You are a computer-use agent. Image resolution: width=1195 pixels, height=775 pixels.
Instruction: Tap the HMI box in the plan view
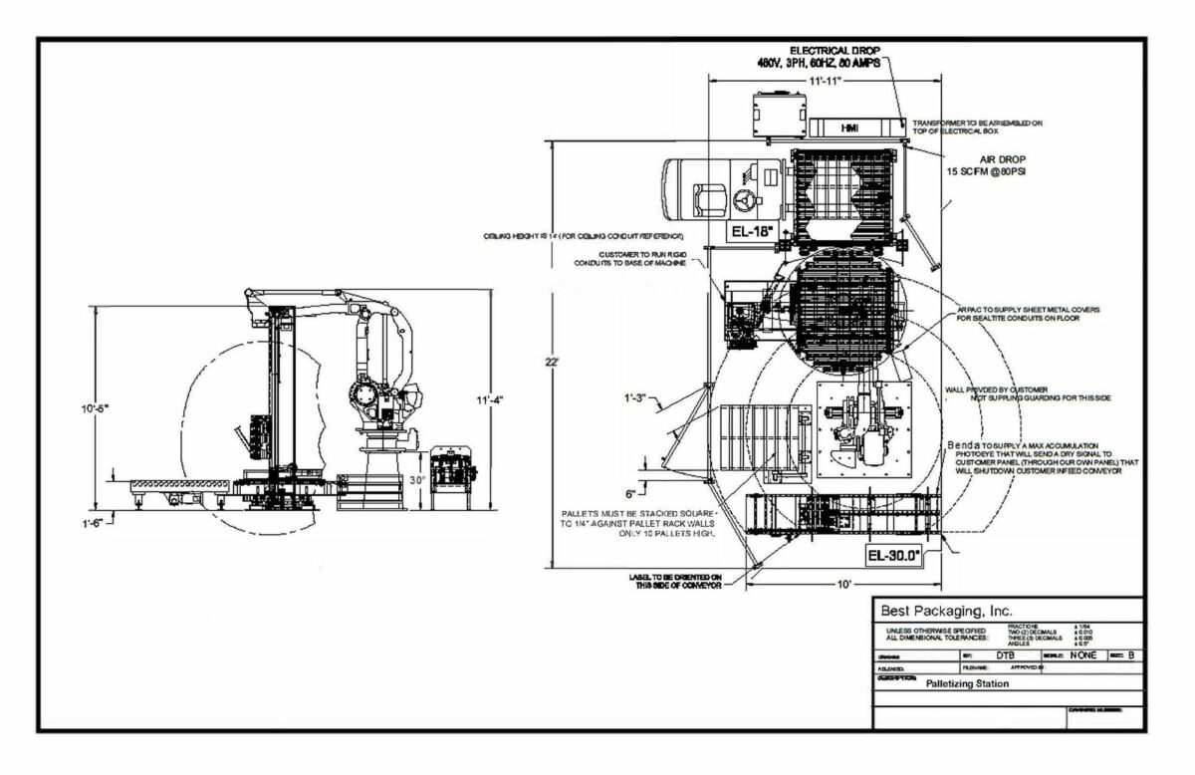tap(849, 129)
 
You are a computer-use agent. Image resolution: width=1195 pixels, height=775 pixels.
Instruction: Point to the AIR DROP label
tap(1002, 158)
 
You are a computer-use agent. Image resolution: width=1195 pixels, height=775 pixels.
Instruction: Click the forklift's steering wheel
tap(741, 198)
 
